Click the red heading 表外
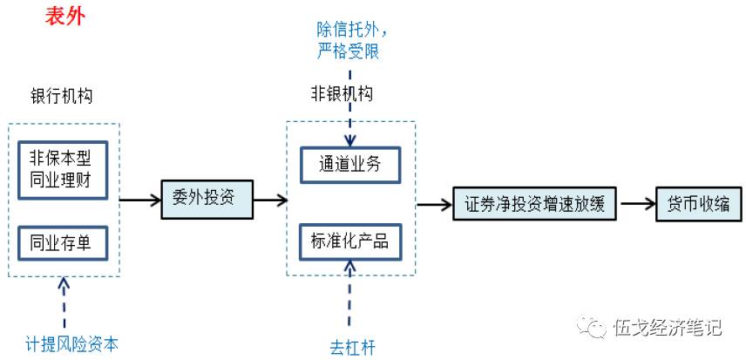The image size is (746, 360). click(x=65, y=16)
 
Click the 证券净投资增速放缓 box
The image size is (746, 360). click(x=534, y=204)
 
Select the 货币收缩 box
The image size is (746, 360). click(x=699, y=204)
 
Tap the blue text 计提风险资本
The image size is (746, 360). click(x=71, y=344)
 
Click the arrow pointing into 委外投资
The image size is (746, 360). click(x=139, y=200)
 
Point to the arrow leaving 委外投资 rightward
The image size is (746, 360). click(x=268, y=200)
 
